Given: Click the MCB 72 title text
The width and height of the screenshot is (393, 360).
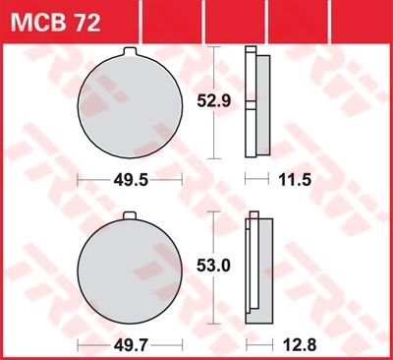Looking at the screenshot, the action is point(55,23).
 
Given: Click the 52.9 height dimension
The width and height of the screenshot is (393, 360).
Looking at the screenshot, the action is point(214,101).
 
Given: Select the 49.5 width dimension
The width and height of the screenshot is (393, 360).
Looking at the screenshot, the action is point(131,180).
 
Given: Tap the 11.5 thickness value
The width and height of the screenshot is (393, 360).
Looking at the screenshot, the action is point(295,180).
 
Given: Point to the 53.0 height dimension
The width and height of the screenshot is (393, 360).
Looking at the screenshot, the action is point(214,266).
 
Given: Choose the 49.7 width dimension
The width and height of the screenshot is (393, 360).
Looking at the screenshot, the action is point(131,345).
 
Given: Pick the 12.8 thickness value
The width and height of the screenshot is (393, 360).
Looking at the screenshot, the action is point(300,345).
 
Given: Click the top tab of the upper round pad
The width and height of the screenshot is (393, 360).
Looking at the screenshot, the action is point(130,52).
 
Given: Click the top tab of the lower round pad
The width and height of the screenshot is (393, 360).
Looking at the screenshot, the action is point(130,216).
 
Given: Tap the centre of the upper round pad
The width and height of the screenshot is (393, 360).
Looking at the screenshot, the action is point(130,106).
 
